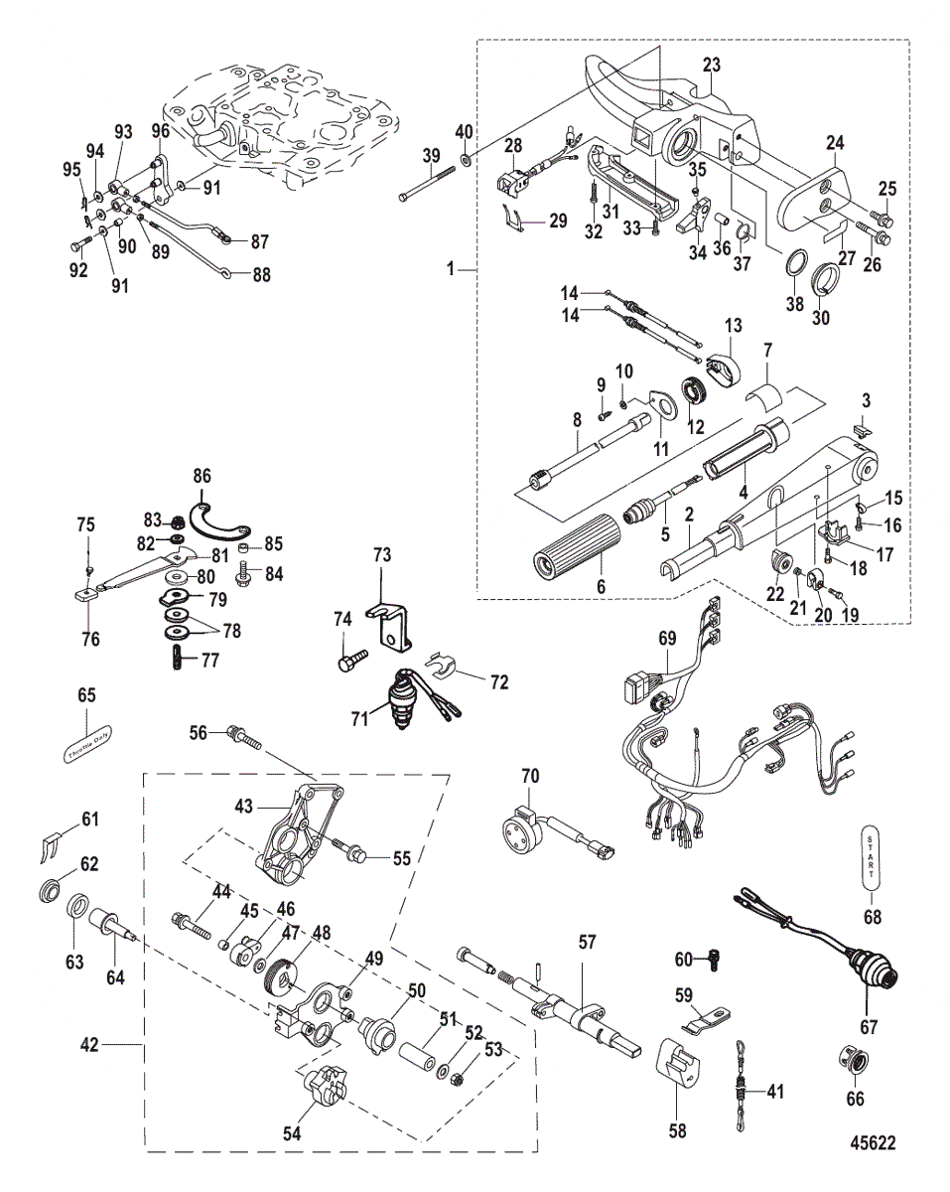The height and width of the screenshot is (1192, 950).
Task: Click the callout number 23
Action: click(x=711, y=62)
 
